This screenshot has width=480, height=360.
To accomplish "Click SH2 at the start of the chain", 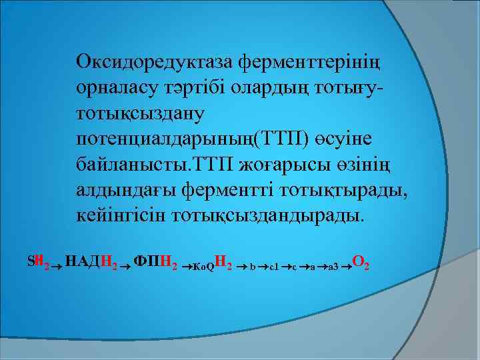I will point(37,265).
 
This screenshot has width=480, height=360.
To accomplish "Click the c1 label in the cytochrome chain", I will point(274,268).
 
